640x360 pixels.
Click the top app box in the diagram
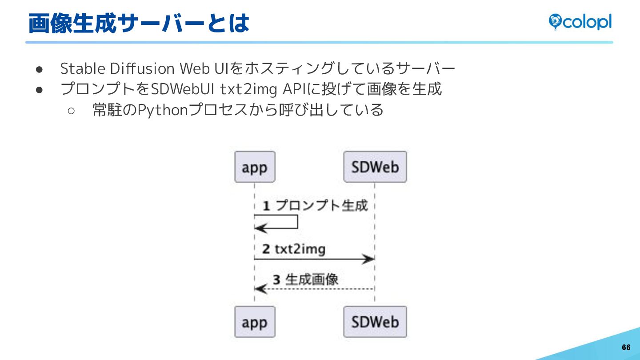pos(255,167)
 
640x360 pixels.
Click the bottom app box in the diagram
pos(255,322)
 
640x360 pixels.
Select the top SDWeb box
pos(375,167)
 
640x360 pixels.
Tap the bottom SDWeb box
pos(375,322)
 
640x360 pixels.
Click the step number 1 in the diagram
pos(266,206)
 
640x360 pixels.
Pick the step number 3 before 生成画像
pos(276,280)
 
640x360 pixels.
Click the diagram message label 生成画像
pos(312,279)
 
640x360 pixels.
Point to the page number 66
pos(626,348)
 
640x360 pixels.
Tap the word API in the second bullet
pos(292,89)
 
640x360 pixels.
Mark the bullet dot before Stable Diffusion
pos(39,69)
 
